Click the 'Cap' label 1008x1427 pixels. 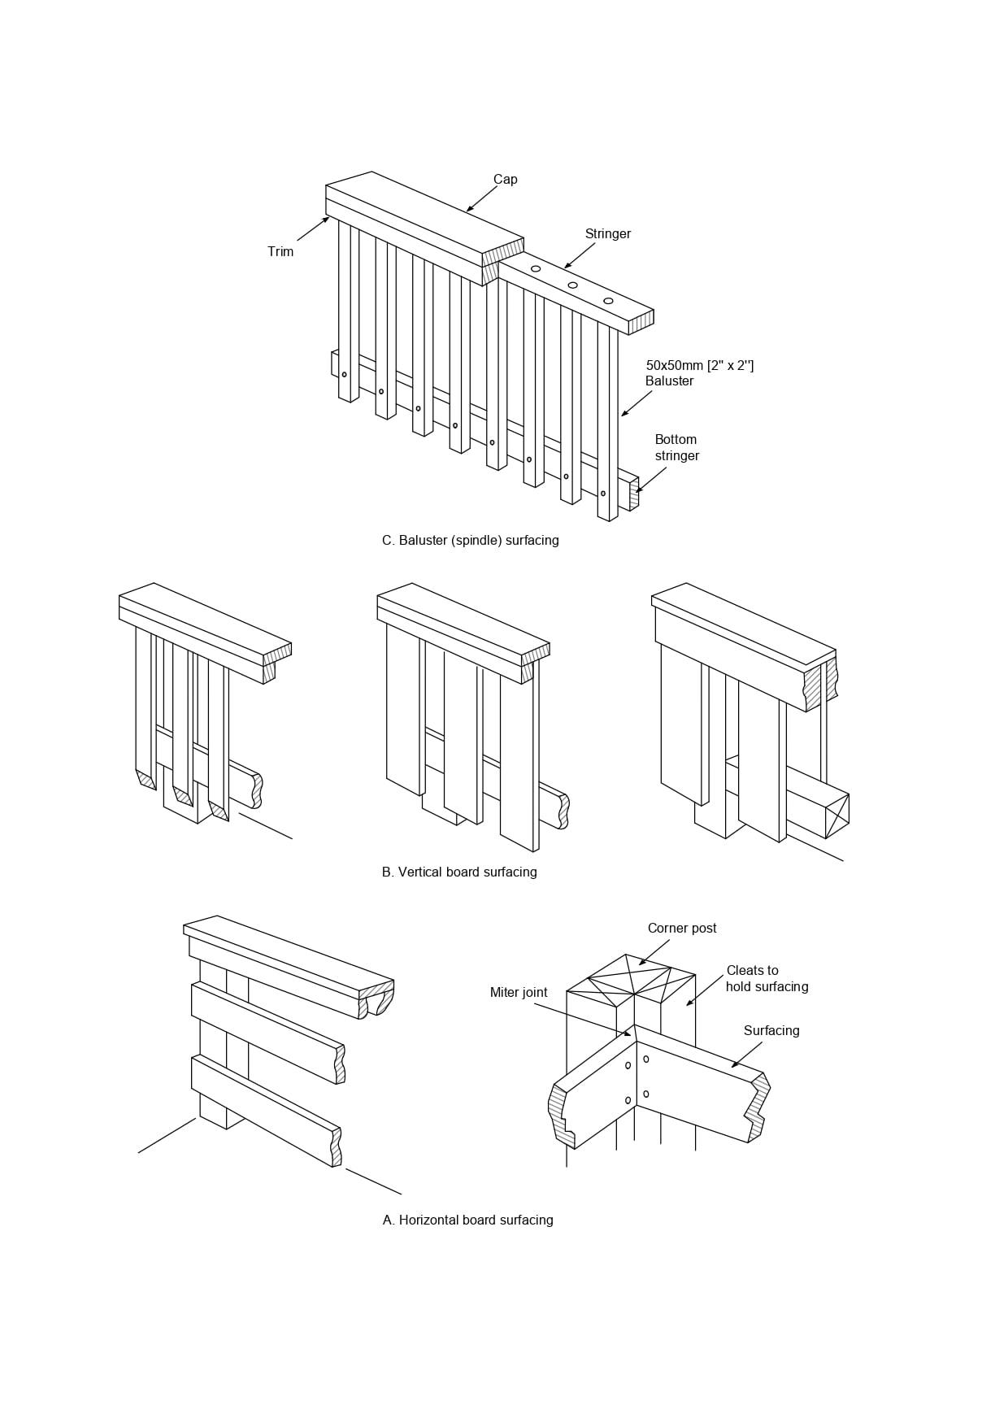(x=505, y=180)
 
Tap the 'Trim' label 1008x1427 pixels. (x=280, y=252)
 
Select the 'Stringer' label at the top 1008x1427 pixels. (x=608, y=234)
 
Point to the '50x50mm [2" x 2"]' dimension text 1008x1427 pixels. (x=700, y=366)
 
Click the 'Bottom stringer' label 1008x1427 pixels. (x=677, y=448)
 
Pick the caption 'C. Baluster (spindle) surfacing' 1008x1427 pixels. (x=471, y=541)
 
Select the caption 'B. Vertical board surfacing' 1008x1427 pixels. (x=459, y=872)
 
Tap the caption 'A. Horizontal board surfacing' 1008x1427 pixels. (x=468, y=1220)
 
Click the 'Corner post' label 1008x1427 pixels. (x=682, y=929)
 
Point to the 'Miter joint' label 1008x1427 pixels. (x=519, y=993)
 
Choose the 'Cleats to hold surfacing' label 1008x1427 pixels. (x=767, y=979)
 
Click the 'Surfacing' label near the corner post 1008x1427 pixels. (x=771, y=1031)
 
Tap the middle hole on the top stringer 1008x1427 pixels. (x=573, y=285)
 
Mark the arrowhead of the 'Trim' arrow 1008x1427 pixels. (x=326, y=219)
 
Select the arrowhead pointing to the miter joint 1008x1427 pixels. (x=627, y=1034)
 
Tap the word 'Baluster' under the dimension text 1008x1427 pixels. (x=670, y=381)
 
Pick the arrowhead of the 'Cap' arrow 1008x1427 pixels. (x=469, y=210)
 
